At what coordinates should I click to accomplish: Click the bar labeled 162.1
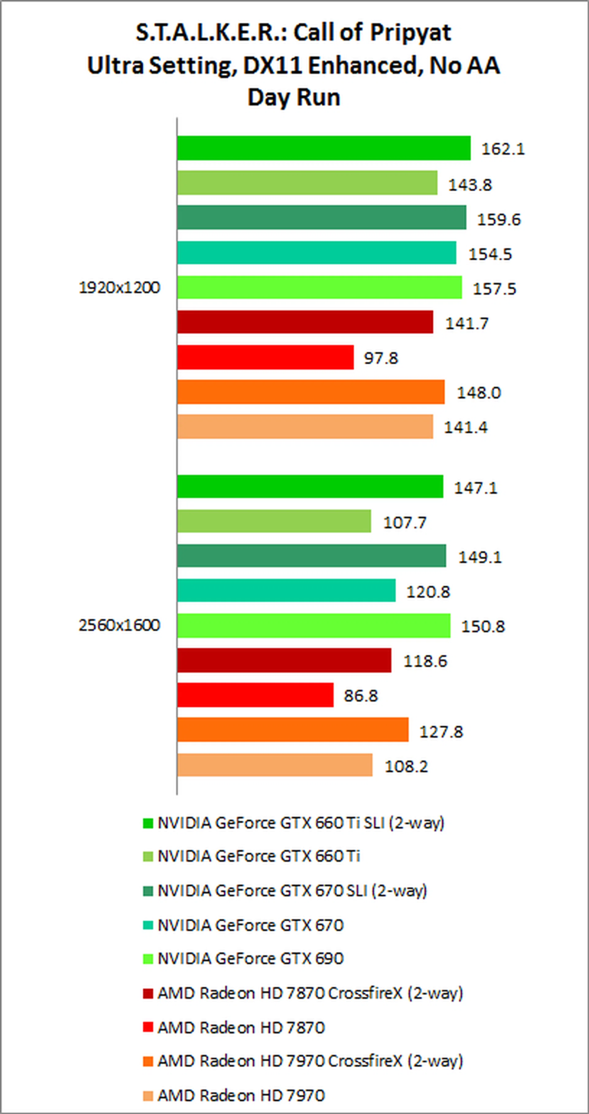coord(323,148)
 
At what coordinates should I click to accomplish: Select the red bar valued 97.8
coord(265,357)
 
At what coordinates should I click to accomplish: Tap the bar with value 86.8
coord(255,695)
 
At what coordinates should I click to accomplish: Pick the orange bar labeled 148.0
coord(310,392)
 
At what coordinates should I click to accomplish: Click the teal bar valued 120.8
coord(286,590)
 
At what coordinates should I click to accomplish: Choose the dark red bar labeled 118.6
coord(284,660)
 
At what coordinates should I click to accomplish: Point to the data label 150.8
coord(483,626)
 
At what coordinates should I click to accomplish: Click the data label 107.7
coord(405,522)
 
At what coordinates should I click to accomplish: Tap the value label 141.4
coord(466,427)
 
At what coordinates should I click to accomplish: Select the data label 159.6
coord(499,219)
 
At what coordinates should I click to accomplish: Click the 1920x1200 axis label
coord(119,288)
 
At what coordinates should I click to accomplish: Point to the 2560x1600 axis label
coord(119,625)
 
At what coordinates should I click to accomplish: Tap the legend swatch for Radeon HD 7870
coord(148,1027)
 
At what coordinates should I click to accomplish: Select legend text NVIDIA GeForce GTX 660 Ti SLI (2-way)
coord(301,823)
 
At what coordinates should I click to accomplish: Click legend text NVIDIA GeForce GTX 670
coord(250,925)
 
